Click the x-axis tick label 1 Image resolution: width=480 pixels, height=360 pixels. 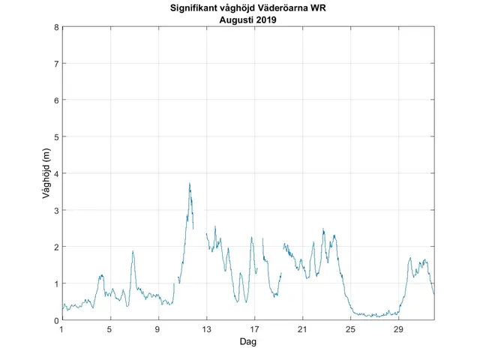click(x=62, y=329)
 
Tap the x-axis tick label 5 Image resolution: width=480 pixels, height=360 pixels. click(x=110, y=329)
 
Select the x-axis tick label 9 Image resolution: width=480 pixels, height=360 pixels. click(x=158, y=329)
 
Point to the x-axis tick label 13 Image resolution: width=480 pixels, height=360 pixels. click(x=206, y=329)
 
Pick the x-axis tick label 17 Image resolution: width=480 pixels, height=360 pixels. click(x=254, y=329)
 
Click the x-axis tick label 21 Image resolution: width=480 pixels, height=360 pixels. click(x=302, y=329)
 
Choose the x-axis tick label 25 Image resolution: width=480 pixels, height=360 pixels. click(x=350, y=329)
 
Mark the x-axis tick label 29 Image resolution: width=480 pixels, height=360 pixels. click(x=398, y=329)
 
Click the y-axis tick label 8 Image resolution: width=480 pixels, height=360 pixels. click(x=55, y=27)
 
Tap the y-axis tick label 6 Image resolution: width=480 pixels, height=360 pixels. click(x=55, y=100)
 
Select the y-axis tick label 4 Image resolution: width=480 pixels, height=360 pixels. click(x=55, y=173)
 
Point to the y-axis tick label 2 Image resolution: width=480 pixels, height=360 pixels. click(x=55, y=247)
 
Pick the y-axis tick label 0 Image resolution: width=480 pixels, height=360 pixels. click(x=55, y=320)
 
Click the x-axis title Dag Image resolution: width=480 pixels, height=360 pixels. click(x=248, y=341)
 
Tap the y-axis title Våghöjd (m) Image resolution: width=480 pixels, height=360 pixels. click(x=46, y=173)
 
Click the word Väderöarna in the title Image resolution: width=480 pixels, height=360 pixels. click(x=288, y=10)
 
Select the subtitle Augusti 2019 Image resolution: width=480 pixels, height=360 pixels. click(x=248, y=20)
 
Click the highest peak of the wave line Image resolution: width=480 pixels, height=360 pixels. click(x=190, y=183)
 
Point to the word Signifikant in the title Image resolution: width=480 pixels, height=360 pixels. click(x=196, y=10)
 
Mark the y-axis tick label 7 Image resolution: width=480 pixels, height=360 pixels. click(x=55, y=64)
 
